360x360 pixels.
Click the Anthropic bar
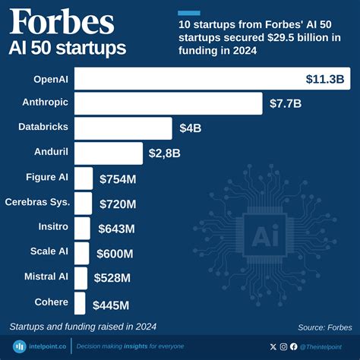coord(167,103)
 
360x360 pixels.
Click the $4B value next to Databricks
coord(190,128)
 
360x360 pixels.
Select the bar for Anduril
coord(108,153)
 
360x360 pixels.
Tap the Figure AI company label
coord(46,177)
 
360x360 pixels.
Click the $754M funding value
coord(118,178)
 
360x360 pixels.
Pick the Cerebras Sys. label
coord(37,202)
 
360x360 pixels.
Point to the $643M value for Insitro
coord(116,228)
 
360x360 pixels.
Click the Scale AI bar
coord(82,253)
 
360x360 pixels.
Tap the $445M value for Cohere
coord(111,305)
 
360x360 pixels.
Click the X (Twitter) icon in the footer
coord(273,346)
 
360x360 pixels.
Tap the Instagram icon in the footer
coord(284,346)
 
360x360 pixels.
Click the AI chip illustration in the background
coord(268,234)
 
